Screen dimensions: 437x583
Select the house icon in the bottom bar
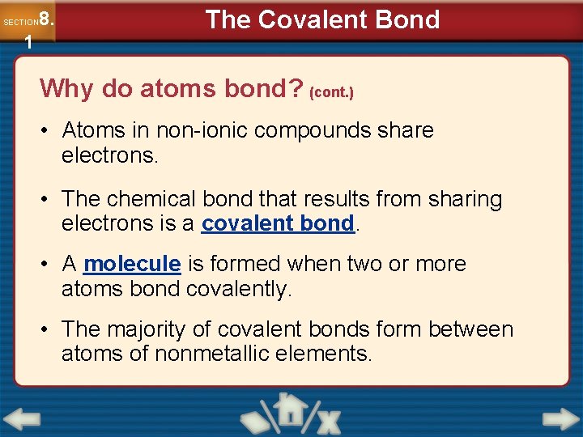click(289, 411)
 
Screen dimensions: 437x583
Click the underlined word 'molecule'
click(132, 264)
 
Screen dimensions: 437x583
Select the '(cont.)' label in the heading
click(332, 92)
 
